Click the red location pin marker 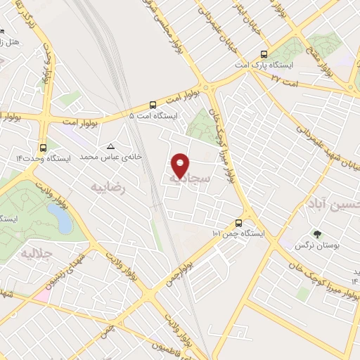(181, 165)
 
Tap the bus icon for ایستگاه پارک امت (264, 54)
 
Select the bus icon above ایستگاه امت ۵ (153, 103)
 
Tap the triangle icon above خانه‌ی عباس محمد (110, 146)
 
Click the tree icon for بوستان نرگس (317, 234)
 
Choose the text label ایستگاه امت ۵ (154, 115)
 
